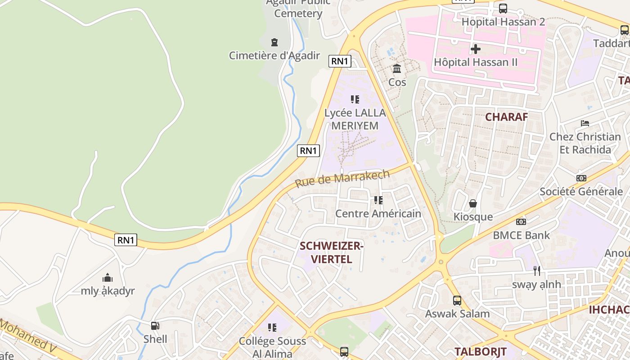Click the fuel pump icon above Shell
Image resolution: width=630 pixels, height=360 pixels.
(155, 325)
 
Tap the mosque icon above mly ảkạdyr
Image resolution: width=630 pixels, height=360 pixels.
(108, 277)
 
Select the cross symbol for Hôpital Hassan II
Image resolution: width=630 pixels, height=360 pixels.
(476, 49)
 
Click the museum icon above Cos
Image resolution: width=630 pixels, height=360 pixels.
(397, 69)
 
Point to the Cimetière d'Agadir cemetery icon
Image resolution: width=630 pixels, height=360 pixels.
(274, 42)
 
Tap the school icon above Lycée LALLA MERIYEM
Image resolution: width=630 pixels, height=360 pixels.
(355, 99)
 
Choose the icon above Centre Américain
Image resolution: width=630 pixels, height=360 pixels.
(378, 200)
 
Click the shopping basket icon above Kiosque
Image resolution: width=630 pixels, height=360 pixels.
(473, 203)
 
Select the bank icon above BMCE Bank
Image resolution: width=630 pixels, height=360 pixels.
(521, 222)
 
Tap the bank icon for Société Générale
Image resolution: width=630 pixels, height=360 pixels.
(581, 178)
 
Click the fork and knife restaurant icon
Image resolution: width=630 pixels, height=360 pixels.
(536, 271)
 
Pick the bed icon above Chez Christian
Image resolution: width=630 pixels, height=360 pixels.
(585, 123)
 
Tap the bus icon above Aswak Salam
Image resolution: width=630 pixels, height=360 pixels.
(457, 300)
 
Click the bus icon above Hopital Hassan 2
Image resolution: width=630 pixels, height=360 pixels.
(503, 8)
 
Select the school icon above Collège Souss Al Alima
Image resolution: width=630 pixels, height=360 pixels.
(272, 327)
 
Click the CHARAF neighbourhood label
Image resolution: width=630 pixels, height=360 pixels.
(506, 117)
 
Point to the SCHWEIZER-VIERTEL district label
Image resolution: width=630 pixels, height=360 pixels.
(331, 252)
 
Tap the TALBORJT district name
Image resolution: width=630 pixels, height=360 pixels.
(480, 351)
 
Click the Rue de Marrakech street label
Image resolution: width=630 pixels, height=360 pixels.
(342, 179)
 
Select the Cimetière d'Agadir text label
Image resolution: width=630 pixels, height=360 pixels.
(274, 56)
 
